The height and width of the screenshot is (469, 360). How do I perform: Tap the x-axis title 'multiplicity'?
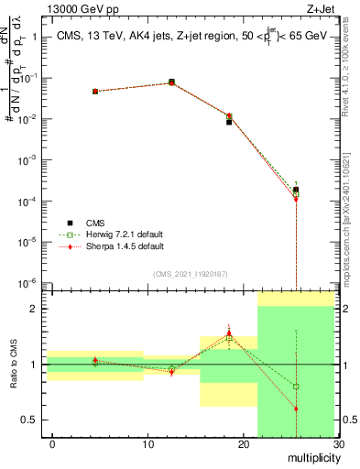(310, 457)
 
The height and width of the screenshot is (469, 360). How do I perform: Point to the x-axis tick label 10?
(147, 444)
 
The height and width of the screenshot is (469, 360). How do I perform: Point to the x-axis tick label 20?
(243, 444)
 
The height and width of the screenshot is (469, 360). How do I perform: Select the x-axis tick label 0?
(52, 444)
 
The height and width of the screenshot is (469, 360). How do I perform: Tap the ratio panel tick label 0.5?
(30, 420)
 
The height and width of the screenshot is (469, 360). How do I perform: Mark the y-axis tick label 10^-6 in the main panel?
(27, 283)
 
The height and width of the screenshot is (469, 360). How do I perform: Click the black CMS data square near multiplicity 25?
(296, 190)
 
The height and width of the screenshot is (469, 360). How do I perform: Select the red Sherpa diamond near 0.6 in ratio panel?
(296, 409)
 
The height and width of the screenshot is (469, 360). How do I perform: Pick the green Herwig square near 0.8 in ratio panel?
(296, 387)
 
